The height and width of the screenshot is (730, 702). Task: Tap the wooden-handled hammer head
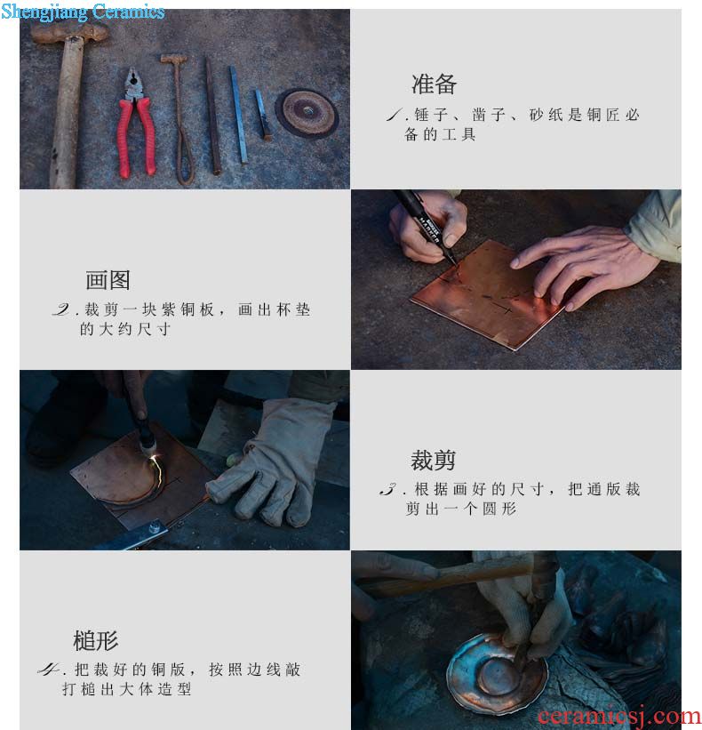[70, 33]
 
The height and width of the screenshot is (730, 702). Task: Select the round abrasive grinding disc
[307, 112]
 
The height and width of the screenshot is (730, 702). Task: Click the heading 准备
[434, 84]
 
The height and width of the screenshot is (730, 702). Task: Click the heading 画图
[108, 280]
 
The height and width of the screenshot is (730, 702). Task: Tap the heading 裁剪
[433, 460]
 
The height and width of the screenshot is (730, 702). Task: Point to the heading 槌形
[95, 640]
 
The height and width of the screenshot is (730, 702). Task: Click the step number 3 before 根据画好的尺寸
[388, 489]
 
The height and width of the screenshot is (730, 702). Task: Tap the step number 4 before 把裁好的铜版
[48, 670]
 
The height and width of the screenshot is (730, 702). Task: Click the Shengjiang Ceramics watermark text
[83, 12]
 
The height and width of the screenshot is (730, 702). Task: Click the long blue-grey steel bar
[238, 115]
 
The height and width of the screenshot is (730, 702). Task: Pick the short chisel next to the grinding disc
[263, 115]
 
